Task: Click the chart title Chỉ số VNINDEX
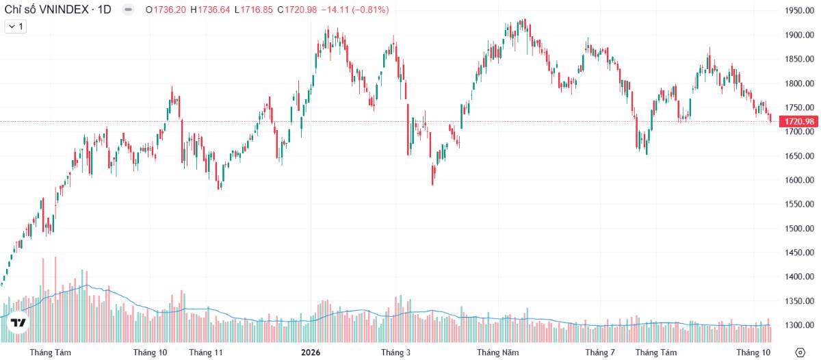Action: coord(47,10)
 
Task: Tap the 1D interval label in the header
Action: coord(104,10)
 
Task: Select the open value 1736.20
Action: coord(170,10)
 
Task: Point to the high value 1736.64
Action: coord(213,10)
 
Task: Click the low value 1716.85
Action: coord(257,10)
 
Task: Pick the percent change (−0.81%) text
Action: coord(370,10)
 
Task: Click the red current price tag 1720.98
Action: coord(799,121)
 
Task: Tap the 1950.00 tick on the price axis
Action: coord(799,11)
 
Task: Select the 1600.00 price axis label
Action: coord(799,180)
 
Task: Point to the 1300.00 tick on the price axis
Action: coord(799,325)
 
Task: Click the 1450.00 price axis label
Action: coord(799,253)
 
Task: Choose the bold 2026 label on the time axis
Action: coord(311,352)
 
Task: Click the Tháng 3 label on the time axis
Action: coord(396,352)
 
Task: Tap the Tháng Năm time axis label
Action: coord(498,352)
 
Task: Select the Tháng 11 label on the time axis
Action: coord(206,352)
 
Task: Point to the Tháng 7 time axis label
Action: coord(600,352)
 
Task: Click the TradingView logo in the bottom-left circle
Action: coord(18,322)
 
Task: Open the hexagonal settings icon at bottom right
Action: coord(800,352)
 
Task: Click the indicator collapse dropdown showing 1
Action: coord(15,27)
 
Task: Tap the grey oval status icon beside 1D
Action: coord(128,10)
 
